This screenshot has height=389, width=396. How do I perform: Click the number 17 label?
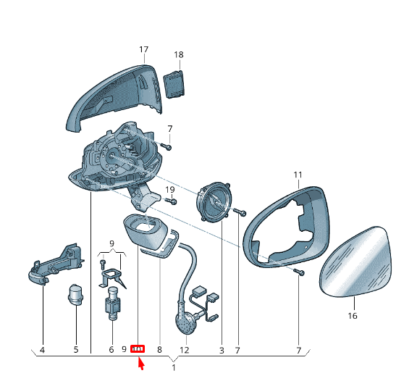click(143, 49)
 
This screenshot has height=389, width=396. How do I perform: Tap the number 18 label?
click(179, 54)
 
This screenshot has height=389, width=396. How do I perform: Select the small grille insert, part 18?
click(174, 84)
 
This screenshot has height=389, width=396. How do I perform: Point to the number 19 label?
click(170, 189)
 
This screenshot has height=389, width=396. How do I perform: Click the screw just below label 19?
click(171, 201)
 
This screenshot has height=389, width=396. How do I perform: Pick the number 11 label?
click(298, 175)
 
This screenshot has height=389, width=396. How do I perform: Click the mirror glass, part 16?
click(354, 262)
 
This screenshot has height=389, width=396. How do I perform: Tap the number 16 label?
click(353, 316)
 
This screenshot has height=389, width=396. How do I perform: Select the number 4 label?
click(42, 350)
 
